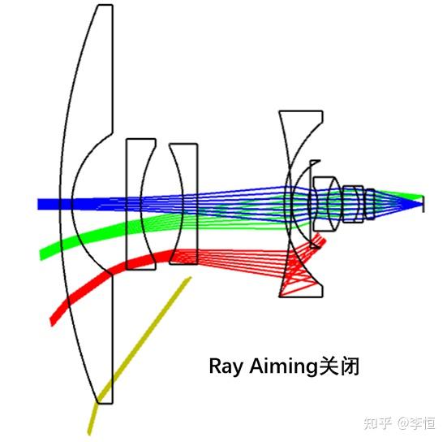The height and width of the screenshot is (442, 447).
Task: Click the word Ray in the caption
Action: (x=225, y=367)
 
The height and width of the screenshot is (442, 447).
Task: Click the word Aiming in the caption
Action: (x=281, y=367)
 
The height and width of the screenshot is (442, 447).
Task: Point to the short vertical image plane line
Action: (x=423, y=203)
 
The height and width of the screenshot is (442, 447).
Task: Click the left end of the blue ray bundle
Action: (x=40, y=204)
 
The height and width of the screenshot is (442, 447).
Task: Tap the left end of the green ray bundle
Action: (x=43, y=253)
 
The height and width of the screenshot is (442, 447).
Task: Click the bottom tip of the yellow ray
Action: (x=91, y=431)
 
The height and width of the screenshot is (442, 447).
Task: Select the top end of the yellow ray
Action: (x=189, y=278)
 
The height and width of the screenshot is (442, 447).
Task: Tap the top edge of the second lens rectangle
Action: (x=140, y=140)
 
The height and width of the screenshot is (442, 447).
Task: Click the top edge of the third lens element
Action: (x=183, y=145)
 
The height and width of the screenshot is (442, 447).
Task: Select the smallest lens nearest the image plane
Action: (x=370, y=204)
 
